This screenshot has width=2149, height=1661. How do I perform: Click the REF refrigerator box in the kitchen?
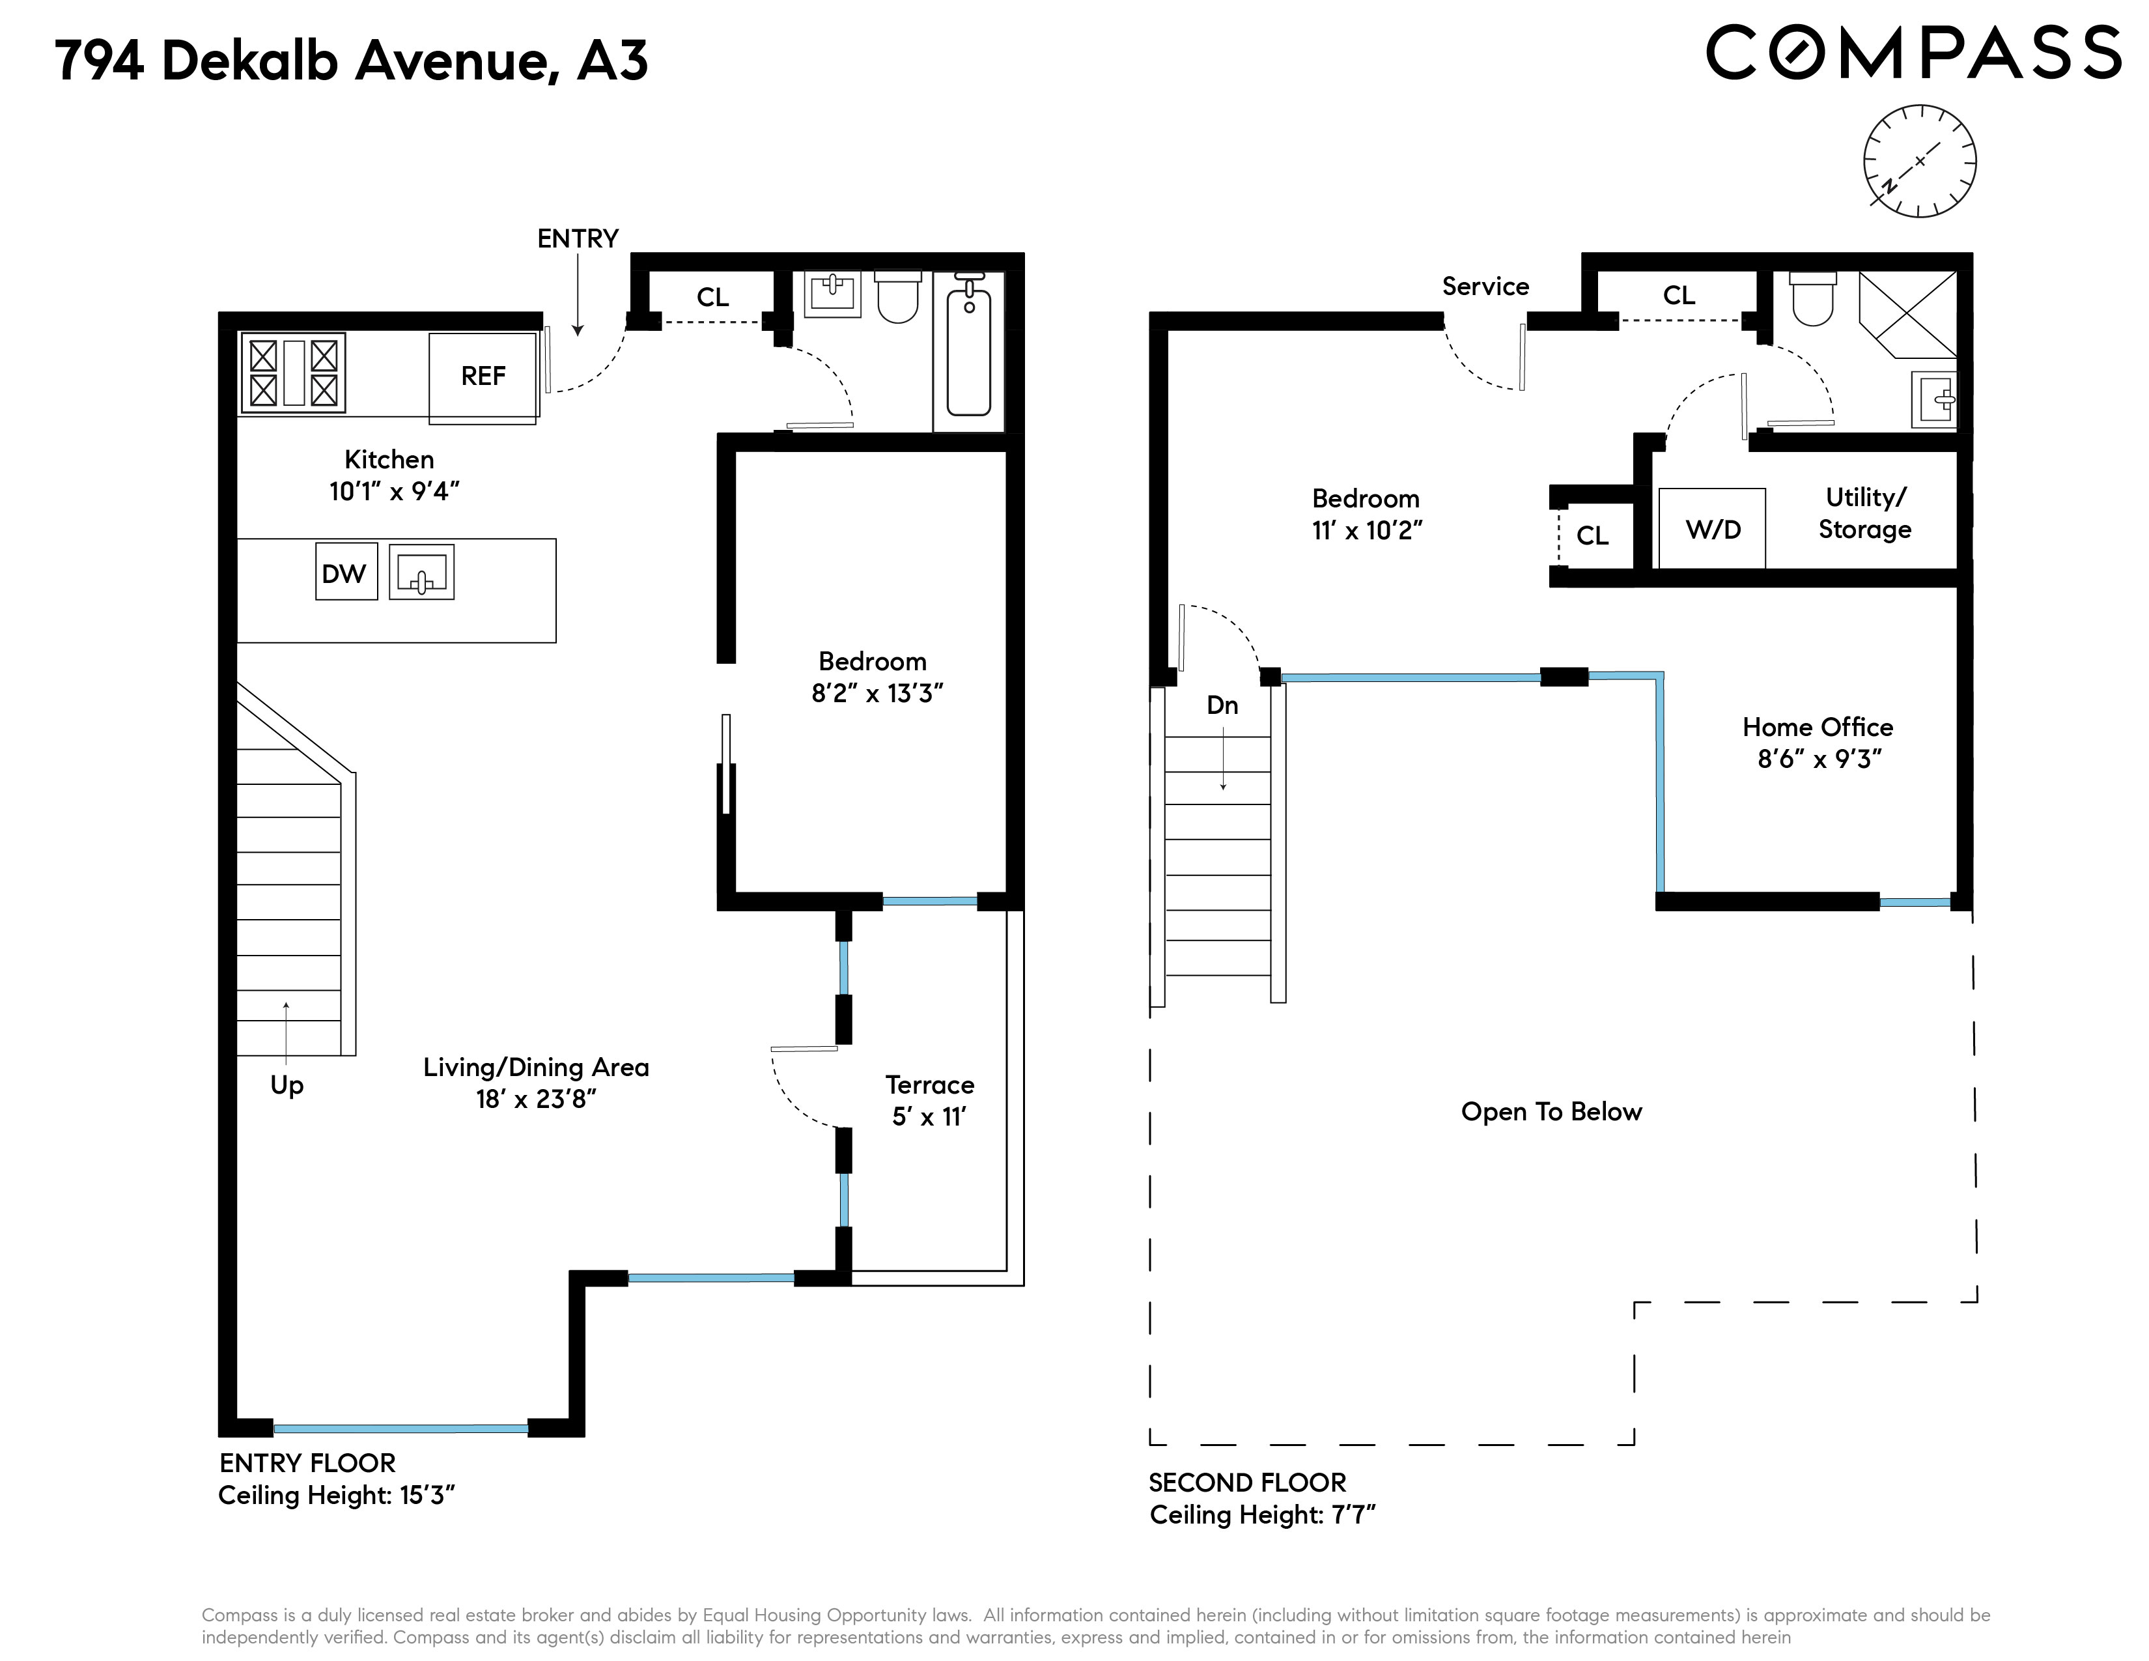pyautogui.click(x=483, y=377)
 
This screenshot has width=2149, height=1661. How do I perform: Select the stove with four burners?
pyautogui.click(x=293, y=373)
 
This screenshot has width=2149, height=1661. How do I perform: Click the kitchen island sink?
pyautogui.click(x=421, y=572)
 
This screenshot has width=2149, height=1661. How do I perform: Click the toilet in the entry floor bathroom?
pyautogui.click(x=897, y=297)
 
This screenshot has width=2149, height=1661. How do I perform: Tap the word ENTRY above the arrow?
pyautogui.click(x=578, y=239)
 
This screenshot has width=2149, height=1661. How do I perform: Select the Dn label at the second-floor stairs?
pyautogui.click(x=1222, y=705)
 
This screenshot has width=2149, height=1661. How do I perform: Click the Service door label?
pyautogui.click(x=1486, y=287)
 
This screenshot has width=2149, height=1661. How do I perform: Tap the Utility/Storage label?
pyautogui.click(x=1864, y=514)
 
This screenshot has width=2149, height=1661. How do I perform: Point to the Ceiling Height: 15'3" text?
pyautogui.click(x=337, y=1496)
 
